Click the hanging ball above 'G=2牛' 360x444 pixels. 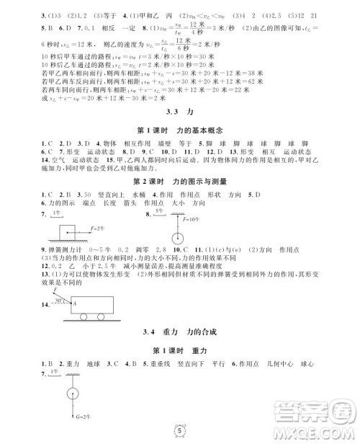[73, 394]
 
